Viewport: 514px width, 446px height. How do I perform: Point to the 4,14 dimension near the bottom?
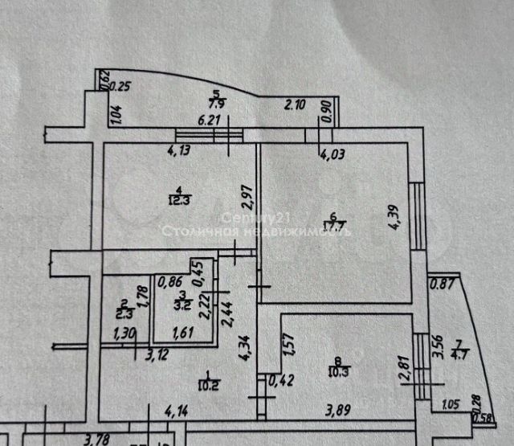[x=177, y=414]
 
